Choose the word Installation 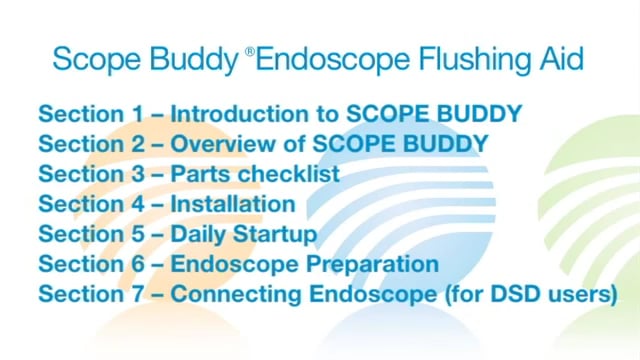(x=233, y=204)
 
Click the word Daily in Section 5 (x=200, y=234)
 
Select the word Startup (x=277, y=235)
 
